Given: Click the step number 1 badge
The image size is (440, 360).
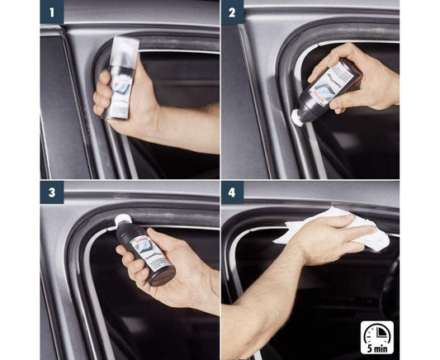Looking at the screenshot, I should pos(51,12).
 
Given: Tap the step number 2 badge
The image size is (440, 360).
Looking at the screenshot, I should pos(232,12).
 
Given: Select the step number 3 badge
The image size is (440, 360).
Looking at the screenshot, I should pos(51,192).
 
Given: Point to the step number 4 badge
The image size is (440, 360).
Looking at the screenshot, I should pos(232,192).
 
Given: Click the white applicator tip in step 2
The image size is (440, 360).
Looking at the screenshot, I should pos(296,117).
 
